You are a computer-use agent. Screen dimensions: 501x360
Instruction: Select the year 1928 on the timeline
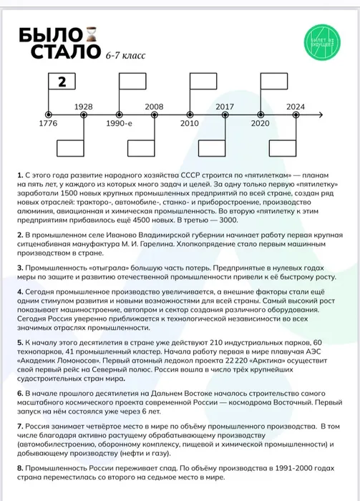click(x=84, y=106)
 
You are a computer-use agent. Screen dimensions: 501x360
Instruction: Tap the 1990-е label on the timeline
click(x=119, y=123)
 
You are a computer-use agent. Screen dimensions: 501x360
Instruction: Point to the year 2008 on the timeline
click(x=154, y=106)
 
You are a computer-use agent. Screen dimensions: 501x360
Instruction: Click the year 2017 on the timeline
click(x=225, y=106)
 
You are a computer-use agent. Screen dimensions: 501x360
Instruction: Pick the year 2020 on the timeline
click(x=260, y=123)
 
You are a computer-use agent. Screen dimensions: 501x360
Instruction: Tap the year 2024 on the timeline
click(x=295, y=106)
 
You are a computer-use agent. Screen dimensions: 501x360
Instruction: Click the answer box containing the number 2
click(x=62, y=82)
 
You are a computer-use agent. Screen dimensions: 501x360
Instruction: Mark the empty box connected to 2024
click(x=285, y=148)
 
